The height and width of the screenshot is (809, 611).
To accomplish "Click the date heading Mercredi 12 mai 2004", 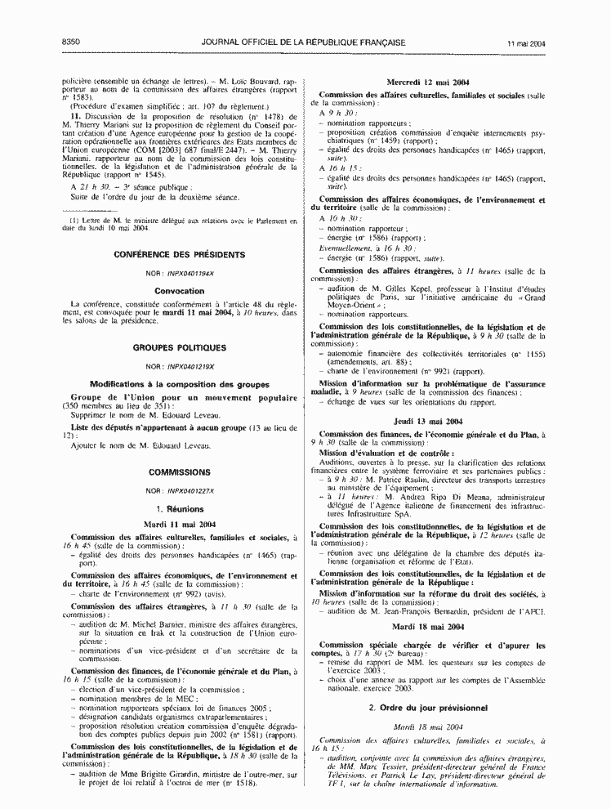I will [427, 83].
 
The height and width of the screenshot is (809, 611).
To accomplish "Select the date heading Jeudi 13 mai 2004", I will [427, 421].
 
